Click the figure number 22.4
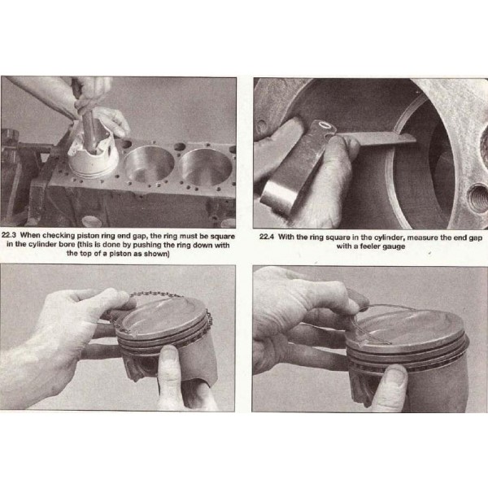click(267, 237)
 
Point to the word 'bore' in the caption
click(68, 244)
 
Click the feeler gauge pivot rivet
click(325, 125)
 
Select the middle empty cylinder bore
click(149, 164)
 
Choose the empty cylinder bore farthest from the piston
click(206, 167)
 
